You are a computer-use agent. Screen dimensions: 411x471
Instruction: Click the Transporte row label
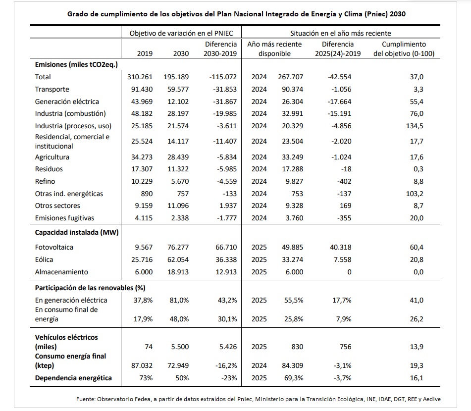(x=52, y=89)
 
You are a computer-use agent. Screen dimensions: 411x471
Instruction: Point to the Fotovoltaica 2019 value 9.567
(x=141, y=247)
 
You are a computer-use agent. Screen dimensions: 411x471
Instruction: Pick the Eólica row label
(x=44, y=259)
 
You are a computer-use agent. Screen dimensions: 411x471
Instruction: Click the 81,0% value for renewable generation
(x=179, y=300)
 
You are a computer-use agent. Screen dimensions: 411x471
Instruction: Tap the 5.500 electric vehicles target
(x=179, y=347)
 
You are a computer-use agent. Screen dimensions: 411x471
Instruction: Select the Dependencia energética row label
(x=73, y=378)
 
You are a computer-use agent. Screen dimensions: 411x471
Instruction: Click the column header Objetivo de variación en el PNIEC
(x=181, y=33)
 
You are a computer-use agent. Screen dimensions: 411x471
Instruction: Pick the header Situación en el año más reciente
(x=341, y=33)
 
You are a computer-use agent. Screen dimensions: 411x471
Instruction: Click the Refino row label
(x=45, y=181)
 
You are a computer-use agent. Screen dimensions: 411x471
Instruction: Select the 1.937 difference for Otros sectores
(x=226, y=205)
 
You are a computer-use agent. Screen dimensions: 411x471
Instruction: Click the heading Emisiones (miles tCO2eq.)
(x=76, y=64)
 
